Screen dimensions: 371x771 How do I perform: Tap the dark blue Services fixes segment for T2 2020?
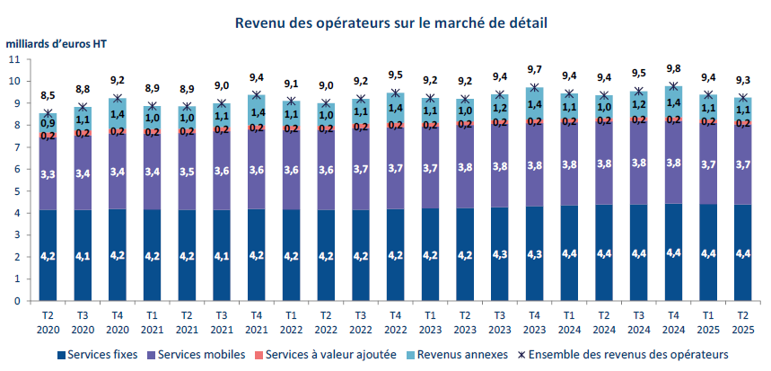click(x=48, y=255)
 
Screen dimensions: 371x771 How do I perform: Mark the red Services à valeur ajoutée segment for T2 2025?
click(x=744, y=123)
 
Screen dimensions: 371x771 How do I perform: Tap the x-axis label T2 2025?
click(x=744, y=321)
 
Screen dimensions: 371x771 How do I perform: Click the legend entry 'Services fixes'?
click(x=96, y=355)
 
